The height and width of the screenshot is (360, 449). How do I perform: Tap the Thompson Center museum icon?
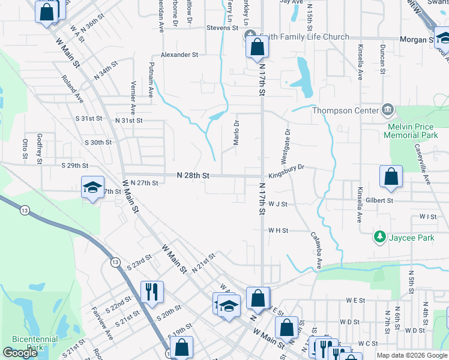(388, 110)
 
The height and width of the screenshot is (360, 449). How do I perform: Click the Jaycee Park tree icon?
(379, 238)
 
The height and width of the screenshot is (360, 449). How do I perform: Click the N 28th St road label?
(193, 175)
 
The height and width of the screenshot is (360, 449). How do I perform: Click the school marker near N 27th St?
(92, 187)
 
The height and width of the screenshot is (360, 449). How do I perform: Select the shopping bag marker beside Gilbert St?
(391, 176)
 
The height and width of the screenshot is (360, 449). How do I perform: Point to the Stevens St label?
(222, 28)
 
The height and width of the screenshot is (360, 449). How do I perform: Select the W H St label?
(279, 230)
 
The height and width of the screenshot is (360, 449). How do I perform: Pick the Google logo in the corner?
(20, 353)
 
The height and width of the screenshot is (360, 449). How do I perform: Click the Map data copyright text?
(412, 355)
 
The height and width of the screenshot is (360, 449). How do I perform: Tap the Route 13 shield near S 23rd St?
(114, 262)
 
